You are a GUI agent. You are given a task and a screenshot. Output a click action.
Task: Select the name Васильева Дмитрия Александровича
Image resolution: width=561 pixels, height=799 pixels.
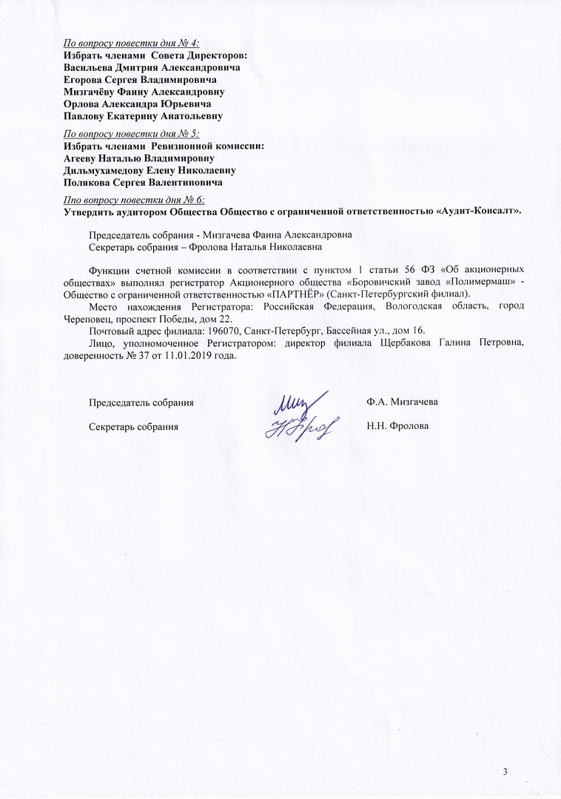(152, 67)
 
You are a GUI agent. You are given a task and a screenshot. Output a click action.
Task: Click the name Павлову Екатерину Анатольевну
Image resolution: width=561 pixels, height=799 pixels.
(143, 116)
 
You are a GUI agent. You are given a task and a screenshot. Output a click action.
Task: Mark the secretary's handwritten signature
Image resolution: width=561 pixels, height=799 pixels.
(300, 426)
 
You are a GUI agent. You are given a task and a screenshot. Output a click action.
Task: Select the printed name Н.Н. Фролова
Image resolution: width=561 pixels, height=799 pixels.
(397, 427)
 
